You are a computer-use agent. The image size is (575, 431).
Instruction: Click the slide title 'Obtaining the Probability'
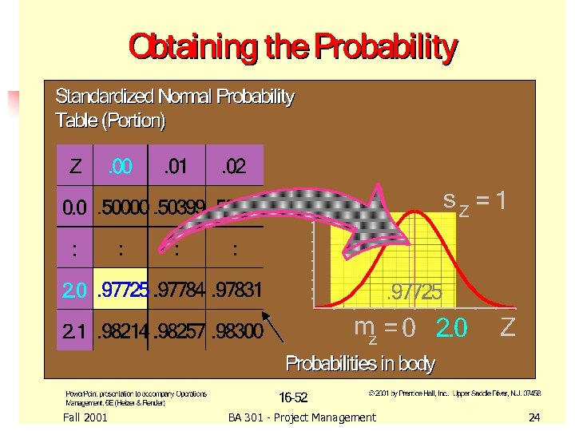pyautogui.click(x=293, y=49)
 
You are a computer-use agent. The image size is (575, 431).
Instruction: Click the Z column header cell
pyautogui.click(x=75, y=168)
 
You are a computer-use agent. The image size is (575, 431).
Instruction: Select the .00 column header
pyautogui.click(x=121, y=168)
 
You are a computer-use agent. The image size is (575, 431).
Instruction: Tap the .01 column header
pyautogui.click(x=176, y=168)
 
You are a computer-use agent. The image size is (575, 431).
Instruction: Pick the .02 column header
pyautogui.click(x=234, y=168)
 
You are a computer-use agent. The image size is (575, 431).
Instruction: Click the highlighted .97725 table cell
pyautogui.click(x=122, y=290)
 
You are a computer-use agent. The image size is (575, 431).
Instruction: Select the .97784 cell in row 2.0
pyautogui.click(x=177, y=290)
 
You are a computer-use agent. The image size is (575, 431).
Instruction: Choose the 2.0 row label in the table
pyautogui.click(x=76, y=290)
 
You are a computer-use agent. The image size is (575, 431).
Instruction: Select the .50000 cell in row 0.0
pyautogui.click(x=122, y=208)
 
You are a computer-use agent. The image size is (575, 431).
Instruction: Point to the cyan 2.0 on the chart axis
pyautogui.click(x=452, y=327)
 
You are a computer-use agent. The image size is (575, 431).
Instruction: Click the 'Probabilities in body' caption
pyautogui.click(x=360, y=365)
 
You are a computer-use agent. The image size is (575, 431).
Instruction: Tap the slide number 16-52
pyautogui.click(x=293, y=397)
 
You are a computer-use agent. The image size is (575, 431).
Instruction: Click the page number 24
pyautogui.click(x=534, y=417)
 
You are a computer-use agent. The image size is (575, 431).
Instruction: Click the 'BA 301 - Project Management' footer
pyautogui.click(x=301, y=417)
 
